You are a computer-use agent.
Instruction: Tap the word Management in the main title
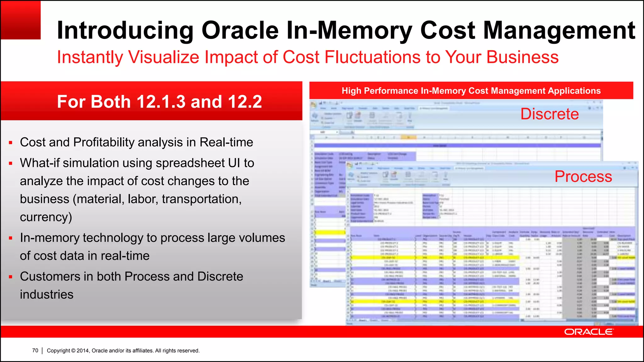[559, 31]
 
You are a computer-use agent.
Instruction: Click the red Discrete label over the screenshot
[549, 114]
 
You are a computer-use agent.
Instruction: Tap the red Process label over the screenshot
[583, 176]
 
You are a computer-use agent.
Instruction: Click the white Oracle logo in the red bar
[588, 332]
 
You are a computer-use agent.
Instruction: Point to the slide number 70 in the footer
[35, 350]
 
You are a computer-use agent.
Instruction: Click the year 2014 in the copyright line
[83, 350]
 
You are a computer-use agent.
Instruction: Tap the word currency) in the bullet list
[46, 217]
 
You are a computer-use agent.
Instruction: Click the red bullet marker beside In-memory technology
[11, 238]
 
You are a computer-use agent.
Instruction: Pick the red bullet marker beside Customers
[11, 277]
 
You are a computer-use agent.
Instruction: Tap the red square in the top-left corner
[21, 20]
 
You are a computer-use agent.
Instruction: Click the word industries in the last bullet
[47, 295]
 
